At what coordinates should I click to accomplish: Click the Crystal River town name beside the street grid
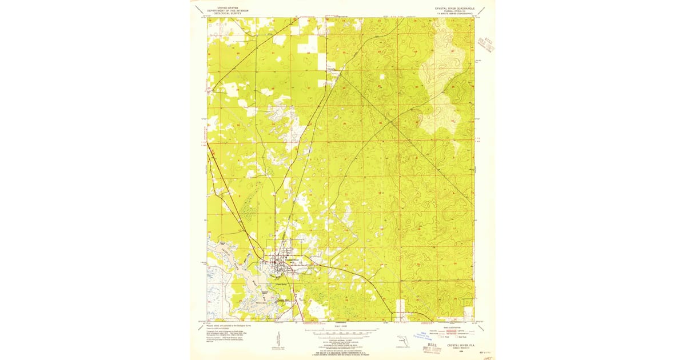[285, 259]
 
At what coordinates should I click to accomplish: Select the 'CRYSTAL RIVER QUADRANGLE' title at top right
[454, 8]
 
